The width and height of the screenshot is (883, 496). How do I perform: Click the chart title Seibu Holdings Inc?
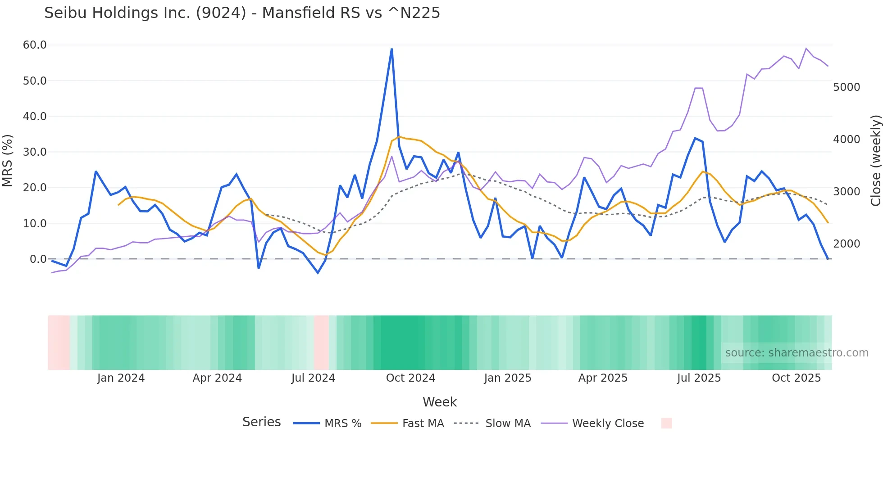pyautogui.click(x=242, y=13)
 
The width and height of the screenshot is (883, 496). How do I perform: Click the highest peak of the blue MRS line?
pyautogui.click(x=391, y=49)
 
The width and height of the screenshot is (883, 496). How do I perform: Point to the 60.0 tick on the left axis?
pyautogui.click(x=35, y=45)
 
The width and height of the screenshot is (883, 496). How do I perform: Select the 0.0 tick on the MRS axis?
pyautogui.click(x=38, y=259)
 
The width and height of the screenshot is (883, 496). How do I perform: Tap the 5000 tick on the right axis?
pyautogui.click(x=847, y=87)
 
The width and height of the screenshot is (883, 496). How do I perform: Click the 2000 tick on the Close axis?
pyautogui.click(x=847, y=244)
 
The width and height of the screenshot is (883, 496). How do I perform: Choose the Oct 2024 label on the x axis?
pyautogui.click(x=410, y=378)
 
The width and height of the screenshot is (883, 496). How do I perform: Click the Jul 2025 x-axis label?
pyautogui.click(x=699, y=378)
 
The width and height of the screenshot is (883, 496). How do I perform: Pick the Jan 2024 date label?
pyautogui.click(x=121, y=378)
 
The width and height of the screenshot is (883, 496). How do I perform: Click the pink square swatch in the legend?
pyautogui.click(x=666, y=423)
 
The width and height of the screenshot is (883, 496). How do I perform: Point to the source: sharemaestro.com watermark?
pyautogui.click(x=797, y=353)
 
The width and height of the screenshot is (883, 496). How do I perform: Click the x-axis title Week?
pyautogui.click(x=439, y=402)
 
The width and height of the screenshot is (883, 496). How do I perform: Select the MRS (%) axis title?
pyautogui.click(x=8, y=161)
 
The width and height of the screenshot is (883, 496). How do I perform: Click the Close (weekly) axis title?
pyautogui.click(x=875, y=161)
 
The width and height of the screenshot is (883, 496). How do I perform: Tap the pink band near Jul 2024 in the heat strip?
pyautogui.click(x=321, y=343)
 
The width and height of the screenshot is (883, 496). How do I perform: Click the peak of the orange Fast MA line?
pyautogui.click(x=399, y=137)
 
